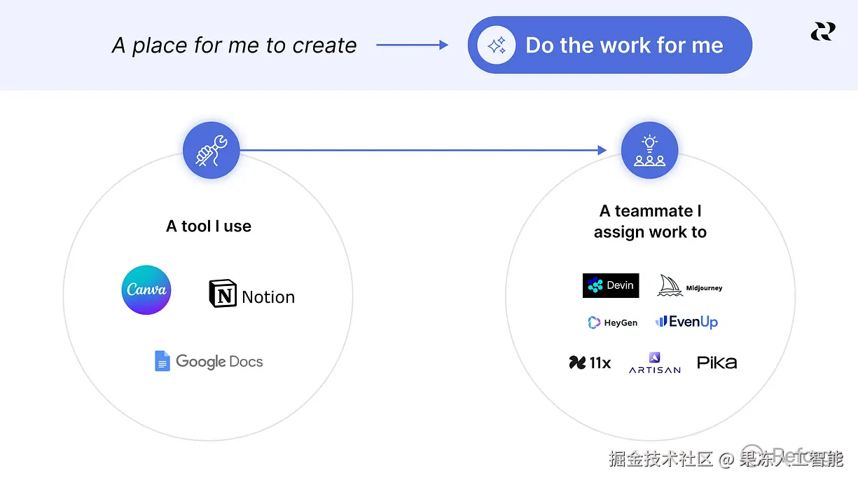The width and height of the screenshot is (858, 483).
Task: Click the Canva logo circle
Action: (146, 290)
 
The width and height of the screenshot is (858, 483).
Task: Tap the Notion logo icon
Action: (223, 294)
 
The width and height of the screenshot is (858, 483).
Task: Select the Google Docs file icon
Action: (162, 361)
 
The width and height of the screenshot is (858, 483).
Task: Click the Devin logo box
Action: (611, 285)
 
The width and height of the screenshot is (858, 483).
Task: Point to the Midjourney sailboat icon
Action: (670, 285)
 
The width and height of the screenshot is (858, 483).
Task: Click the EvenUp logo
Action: (686, 322)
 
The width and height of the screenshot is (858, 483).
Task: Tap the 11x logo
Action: (590, 362)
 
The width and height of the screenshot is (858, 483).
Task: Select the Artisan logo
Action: (654, 362)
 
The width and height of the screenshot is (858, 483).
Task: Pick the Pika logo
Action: (717, 362)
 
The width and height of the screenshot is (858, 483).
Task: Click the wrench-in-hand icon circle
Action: (212, 150)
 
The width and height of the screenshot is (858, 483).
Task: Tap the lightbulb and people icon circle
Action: (649, 150)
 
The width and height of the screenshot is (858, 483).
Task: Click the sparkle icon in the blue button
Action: (497, 46)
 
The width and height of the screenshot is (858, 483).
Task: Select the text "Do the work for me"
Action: (624, 46)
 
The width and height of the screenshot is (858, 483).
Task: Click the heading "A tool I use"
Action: (209, 226)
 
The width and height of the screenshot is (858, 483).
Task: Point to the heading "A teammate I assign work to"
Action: (650, 222)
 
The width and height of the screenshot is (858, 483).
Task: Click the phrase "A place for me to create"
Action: (234, 46)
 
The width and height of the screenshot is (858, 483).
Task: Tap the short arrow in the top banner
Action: (412, 46)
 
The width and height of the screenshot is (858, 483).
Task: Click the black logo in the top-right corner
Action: (823, 32)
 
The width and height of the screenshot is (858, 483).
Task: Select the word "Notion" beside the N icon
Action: (268, 297)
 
